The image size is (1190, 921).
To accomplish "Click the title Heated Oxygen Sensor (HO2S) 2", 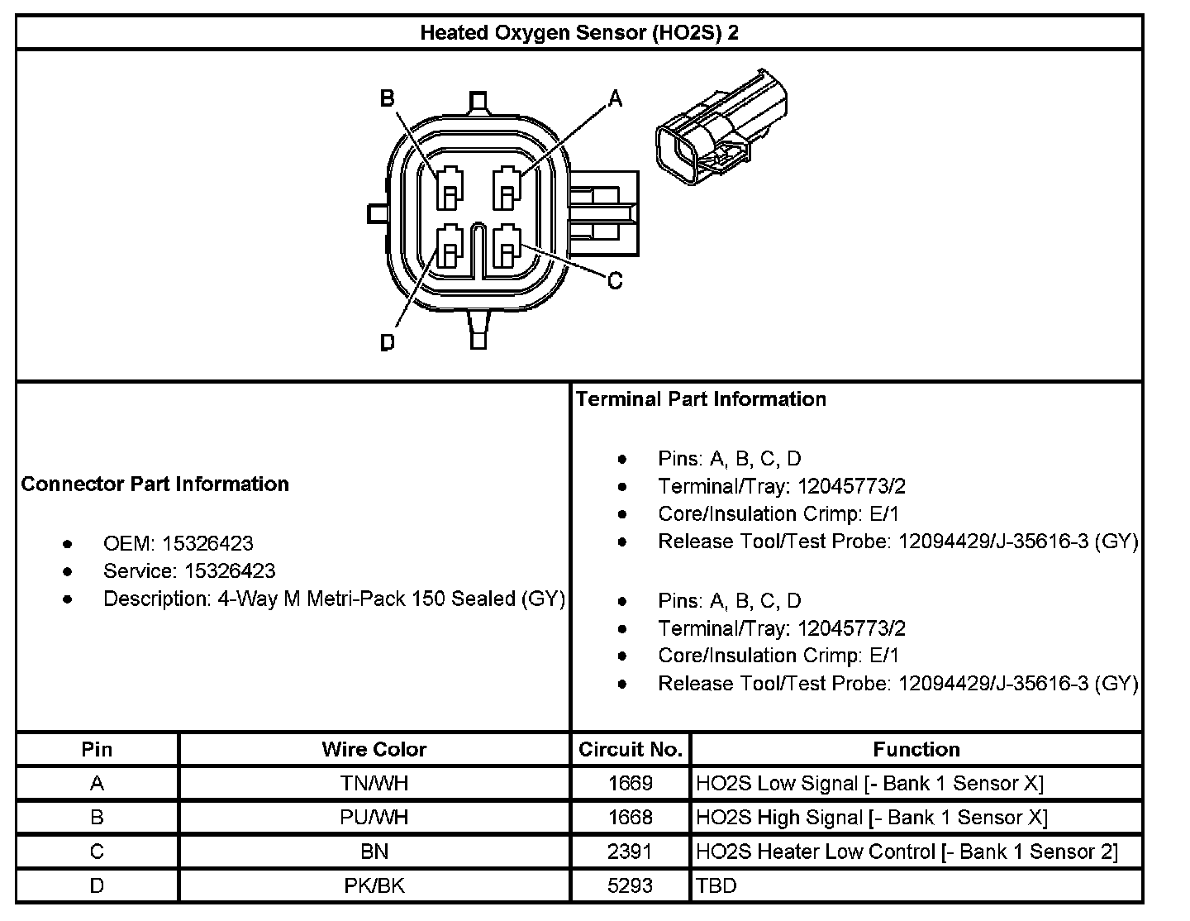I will point(579,33).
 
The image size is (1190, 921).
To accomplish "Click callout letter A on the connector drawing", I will point(615,99).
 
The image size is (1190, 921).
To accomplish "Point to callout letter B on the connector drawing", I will point(387,99).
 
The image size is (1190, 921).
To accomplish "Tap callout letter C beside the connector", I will point(615,281).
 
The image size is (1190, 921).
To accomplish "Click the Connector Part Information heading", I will point(155,484).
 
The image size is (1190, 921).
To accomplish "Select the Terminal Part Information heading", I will point(701,399).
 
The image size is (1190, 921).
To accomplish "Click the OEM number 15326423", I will point(207,543).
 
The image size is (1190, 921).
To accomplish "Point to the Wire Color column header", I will point(374,749).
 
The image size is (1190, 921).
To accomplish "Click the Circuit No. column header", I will point(630,749).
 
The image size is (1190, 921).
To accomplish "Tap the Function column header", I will point(916,749).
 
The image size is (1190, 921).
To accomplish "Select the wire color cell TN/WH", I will point(374,783).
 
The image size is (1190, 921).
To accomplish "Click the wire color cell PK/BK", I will point(374,885).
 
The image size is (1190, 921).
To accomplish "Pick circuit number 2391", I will point(630,852).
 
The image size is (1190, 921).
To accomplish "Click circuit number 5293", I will point(630,885).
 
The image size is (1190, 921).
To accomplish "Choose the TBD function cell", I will point(716,885).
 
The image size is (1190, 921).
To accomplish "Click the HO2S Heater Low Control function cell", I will point(907,852).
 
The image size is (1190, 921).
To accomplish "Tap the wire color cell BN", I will point(374,852).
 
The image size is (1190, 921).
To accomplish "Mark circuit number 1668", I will point(630,817).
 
